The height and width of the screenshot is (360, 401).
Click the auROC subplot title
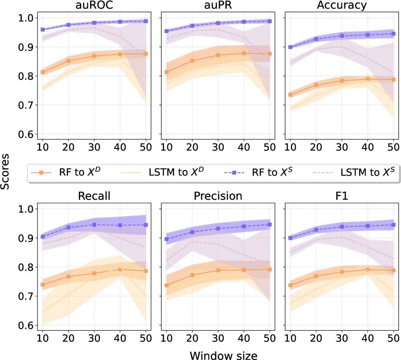coord(94,6)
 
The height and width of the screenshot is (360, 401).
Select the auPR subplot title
coord(218,6)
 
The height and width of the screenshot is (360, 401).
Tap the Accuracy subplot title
coord(341,6)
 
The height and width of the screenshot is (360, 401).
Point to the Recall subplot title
coord(94,196)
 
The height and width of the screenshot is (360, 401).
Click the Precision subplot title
coord(218,196)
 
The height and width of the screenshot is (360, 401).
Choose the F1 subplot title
coord(341,196)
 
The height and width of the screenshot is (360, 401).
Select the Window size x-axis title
coord(218,354)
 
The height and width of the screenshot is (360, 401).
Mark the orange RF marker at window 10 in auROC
coord(43,72)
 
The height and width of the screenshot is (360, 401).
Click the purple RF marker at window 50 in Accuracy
coord(393,33)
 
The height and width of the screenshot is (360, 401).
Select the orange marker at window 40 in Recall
coord(120,269)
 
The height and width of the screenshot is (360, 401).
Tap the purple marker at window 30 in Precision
coord(218,228)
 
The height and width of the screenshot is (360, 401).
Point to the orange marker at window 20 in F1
coord(316,276)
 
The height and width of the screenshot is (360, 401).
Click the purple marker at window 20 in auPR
coord(192,25)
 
